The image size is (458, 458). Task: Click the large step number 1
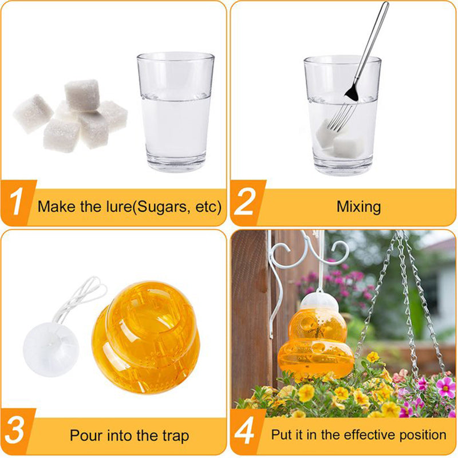click(x=16, y=201)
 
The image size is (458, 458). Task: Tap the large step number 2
click(x=244, y=201)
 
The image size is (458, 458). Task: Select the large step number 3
click(x=14, y=430)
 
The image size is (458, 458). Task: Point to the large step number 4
click(x=245, y=431)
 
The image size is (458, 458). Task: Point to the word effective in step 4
click(x=370, y=435)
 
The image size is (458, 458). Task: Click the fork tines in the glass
click(x=339, y=118)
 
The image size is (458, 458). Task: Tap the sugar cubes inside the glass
click(x=341, y=141)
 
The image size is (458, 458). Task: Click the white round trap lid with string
click(x=51, y=349)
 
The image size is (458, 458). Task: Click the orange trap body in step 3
click(x=146, y=337)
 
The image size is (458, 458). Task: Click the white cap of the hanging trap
click(x=319, y=303)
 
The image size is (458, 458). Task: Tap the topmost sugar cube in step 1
click(x=82, y=95)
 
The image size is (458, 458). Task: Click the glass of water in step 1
click(x=176, y=112)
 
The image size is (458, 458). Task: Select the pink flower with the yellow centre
click(x=445, y=387)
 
